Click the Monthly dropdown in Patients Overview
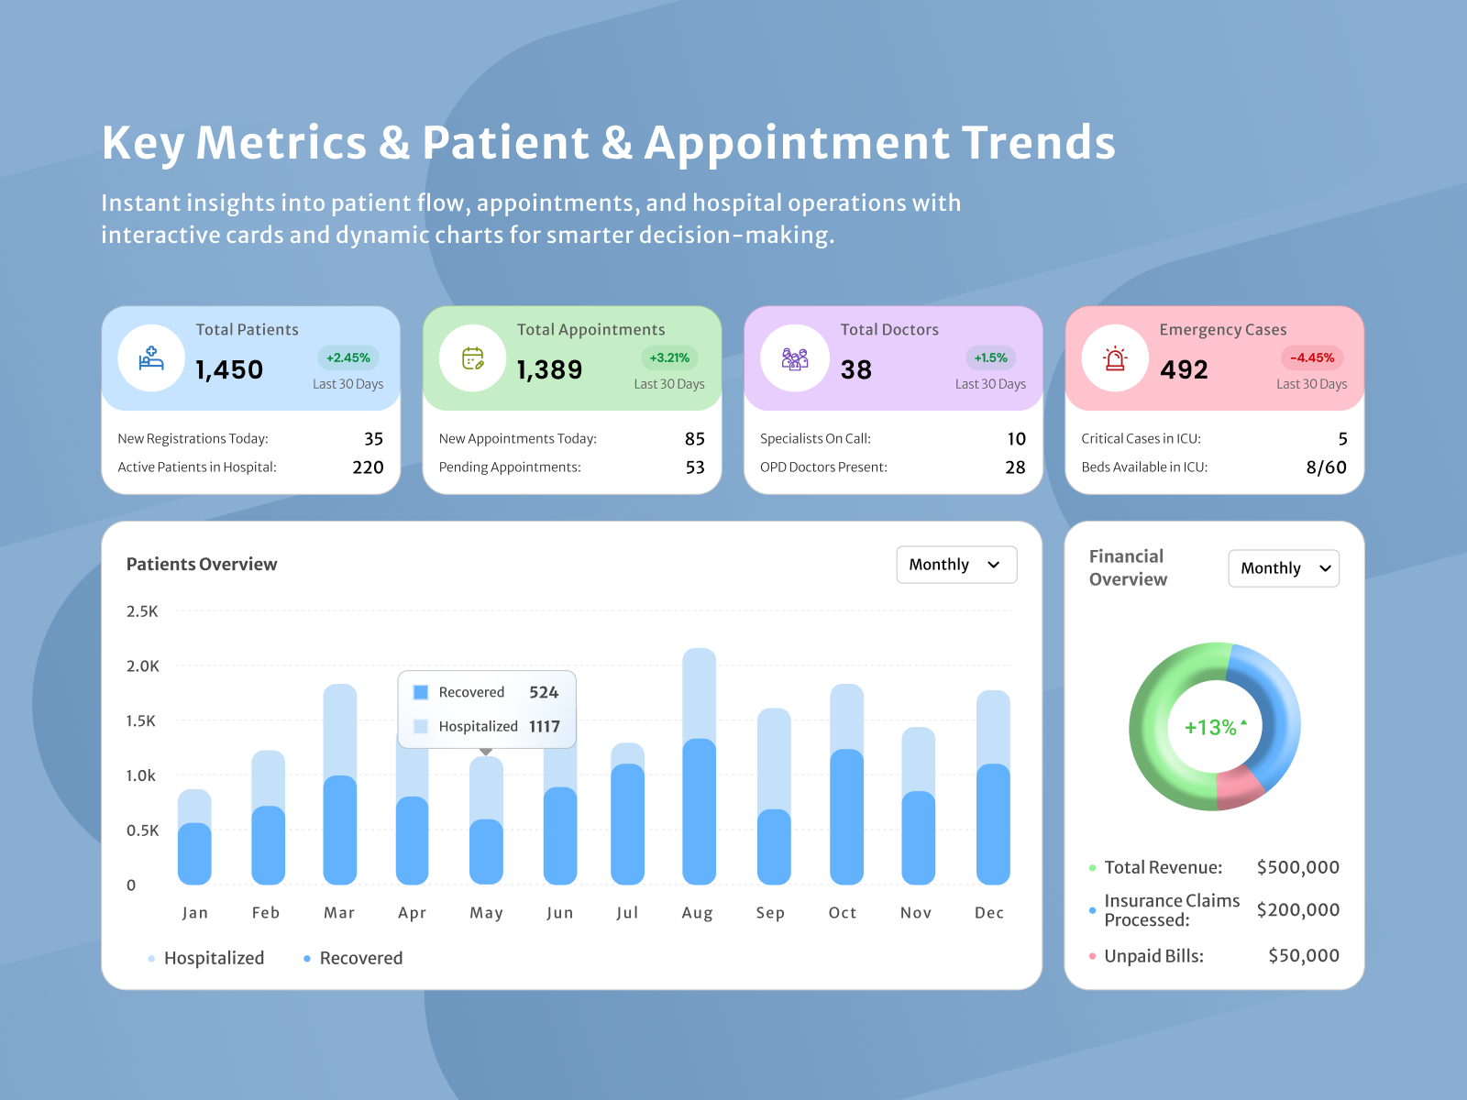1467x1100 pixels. pyautogui.click(x=956, y=565)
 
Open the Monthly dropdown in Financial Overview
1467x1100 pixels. pyautogui.click(x=1284, y=568)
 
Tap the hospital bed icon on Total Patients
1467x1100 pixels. pyautogui.click(x=151, y=358)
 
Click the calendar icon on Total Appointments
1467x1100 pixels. pyautogui.click(x=472, y=358)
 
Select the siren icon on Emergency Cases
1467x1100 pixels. pyautogui.click(x=1115, y=358)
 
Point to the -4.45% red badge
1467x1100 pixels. pyautogui.click(x=1311, y=357)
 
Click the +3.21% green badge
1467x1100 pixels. pyautogui.click(x=669, y=357)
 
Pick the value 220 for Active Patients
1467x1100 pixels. pyautogui.click(x=368, y=467)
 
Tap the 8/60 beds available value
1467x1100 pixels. pyautogui.click(x=1326, y=467)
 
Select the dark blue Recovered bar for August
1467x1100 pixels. pyautogui.click(x=699, y=811)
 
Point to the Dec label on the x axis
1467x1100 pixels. pyautogui.click(x=989, y=913)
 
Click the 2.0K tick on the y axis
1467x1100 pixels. pyautogui.click(x=142, y=666)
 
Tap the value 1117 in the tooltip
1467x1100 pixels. pyautogui.click(x=544, y=726)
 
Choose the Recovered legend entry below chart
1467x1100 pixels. pyautogui.click(x=359, y=958)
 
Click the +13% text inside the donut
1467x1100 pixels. pyautogui.click(x=1210, y=727)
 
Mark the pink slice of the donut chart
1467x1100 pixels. pyautogui.click(x=1238, y=788)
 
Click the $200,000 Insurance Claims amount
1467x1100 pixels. pyautogui.click(x=1297, y=909)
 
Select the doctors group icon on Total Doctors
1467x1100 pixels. pyautogui.click(x=795, y=358)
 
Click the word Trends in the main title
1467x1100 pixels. pyautogui.click(x=1038, y=143)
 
